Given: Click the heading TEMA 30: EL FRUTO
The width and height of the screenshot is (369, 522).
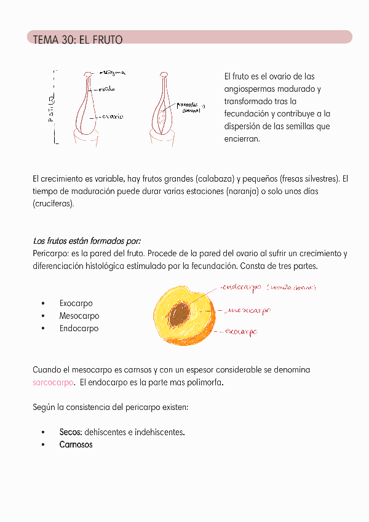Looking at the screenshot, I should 77,40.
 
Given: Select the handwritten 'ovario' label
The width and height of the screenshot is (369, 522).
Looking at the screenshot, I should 112,116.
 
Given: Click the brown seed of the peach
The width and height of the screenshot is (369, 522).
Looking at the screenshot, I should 180,315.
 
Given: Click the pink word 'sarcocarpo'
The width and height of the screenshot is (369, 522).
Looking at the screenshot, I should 53,382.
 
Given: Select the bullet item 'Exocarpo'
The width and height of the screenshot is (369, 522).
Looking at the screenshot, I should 76,303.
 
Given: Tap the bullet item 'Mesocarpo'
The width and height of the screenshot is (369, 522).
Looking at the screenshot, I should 79,316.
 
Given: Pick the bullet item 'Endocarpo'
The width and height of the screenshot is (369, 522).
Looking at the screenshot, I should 79,328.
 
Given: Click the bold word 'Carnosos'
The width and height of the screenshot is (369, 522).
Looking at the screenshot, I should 76,444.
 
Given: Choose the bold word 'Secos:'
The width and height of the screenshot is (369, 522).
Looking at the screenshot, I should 71,432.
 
